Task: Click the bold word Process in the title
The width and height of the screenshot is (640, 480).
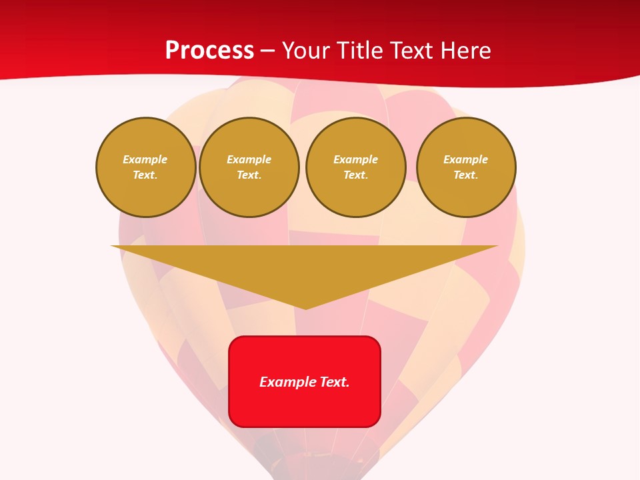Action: point(209,51)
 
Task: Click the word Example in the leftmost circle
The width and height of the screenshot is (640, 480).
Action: point(145,159)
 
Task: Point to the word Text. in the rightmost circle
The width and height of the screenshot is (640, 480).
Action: point(466,175)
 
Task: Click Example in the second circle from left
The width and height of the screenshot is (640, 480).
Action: point(249,159)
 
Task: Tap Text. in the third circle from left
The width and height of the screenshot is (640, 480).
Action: point(356,175)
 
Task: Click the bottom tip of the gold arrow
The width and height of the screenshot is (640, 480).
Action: point(305,307)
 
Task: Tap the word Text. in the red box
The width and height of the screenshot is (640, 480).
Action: point(335,382)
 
